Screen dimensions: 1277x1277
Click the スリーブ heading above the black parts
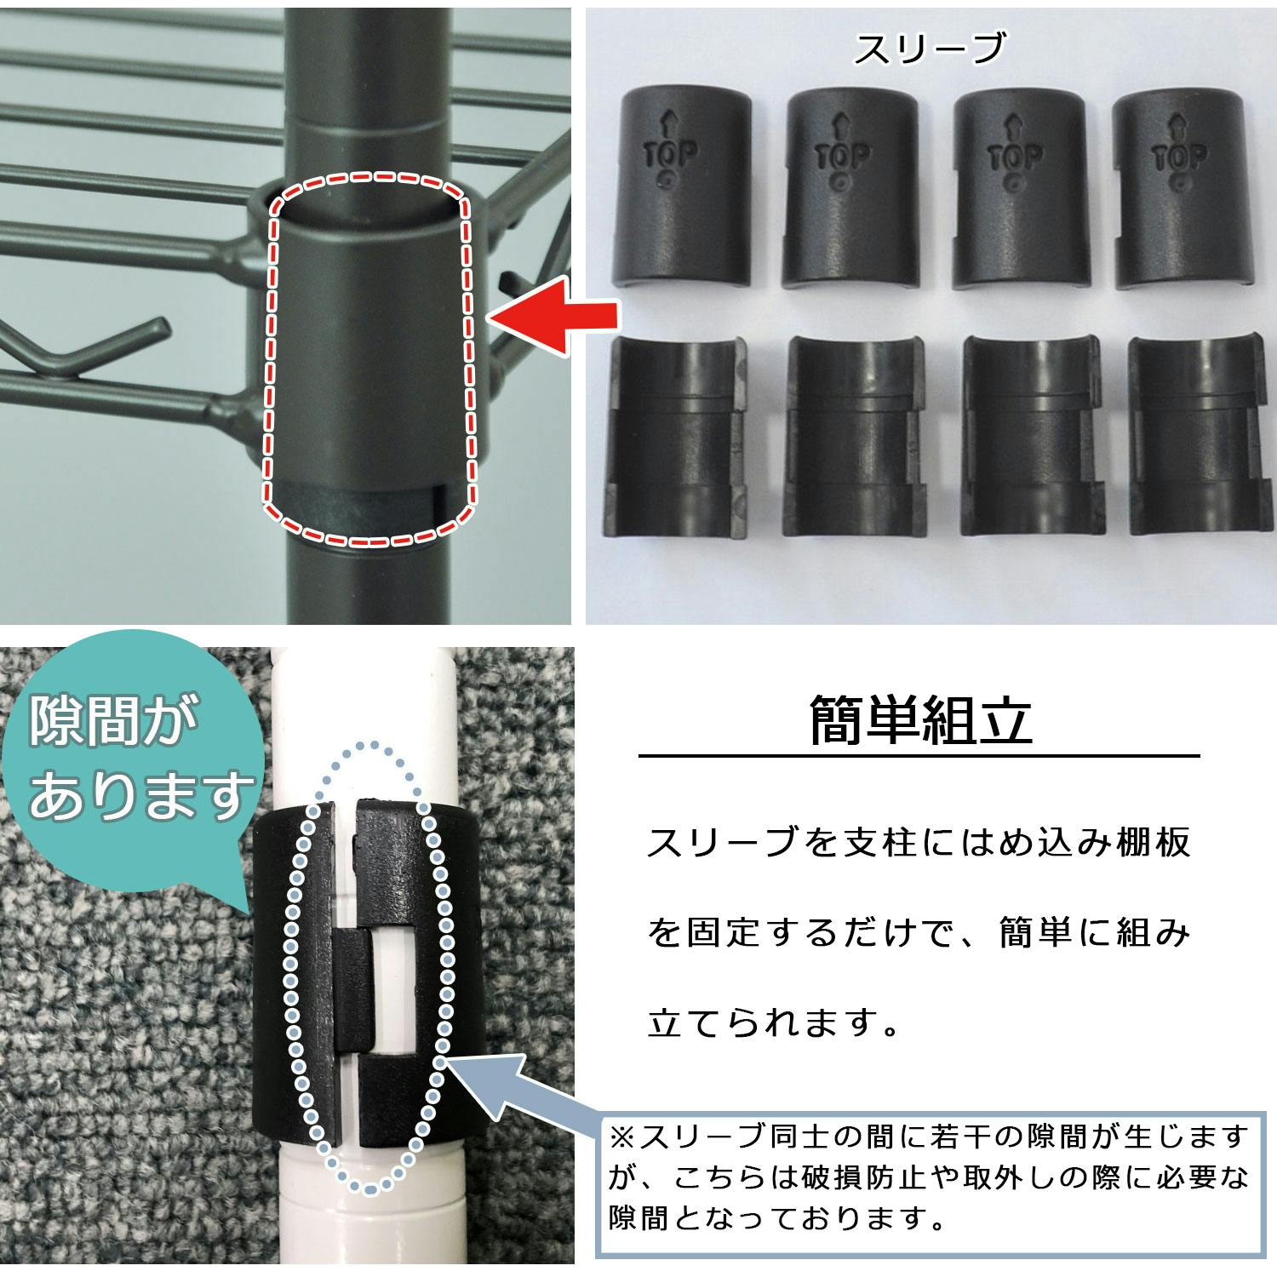click(x=930, y=49)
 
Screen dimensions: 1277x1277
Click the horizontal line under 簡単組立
click(x=919, y=756)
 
